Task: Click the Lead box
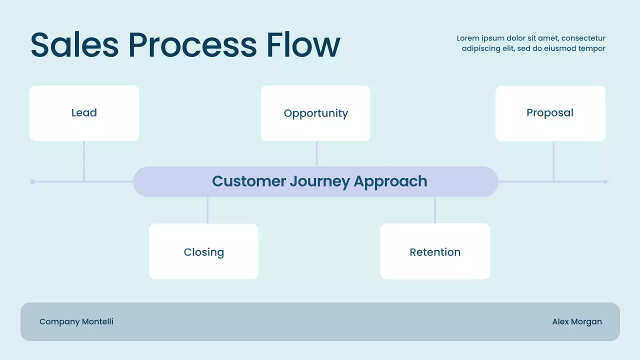[x=84, y=113]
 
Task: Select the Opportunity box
[x=315, y=113]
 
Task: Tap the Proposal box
[x=550, y=113]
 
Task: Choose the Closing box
[x=203, y=251]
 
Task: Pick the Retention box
[x=435, y=251]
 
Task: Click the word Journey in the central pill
[x=320, y=181]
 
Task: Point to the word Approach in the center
[x=390, y=181]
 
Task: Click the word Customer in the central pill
[x=249, y=181]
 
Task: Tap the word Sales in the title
[x=74, y=45]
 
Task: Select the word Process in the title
[x=192, y=45]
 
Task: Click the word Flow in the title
[x=303, y=45]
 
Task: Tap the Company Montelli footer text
[x=76, y=321]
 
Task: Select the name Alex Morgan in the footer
[x=577, y=321]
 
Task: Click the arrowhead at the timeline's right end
[x=606, y=181]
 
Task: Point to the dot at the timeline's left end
[x=32, y=181]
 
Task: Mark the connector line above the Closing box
[x=207, y=210]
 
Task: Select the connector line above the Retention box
[x=435, y=210]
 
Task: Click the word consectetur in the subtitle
[x=583, y=38]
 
